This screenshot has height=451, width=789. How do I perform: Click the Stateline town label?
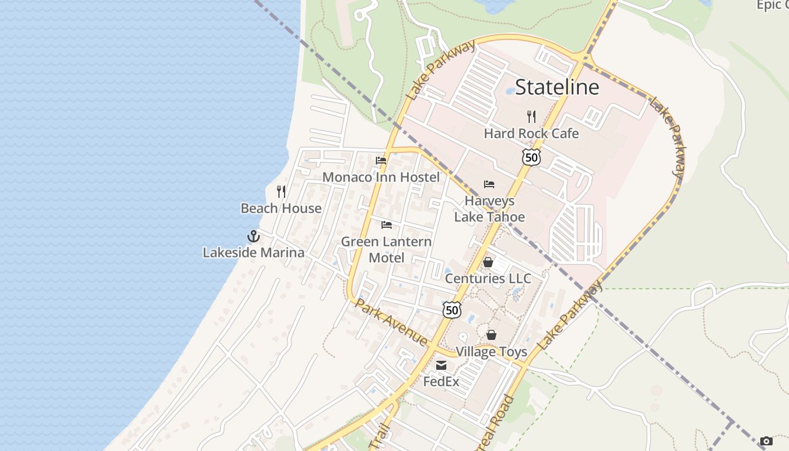pyautogui.click(x=557, y=87)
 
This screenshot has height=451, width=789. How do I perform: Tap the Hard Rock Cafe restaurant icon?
pyautogui.click(x=531, y=117)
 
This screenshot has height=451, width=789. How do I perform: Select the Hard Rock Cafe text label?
pyautogui.click(x=531, y=134)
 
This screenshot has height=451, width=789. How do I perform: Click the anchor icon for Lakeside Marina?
pyautogui.click(x=254, y=236)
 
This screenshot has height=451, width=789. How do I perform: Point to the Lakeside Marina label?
pyautogui.click(x=254, y=253)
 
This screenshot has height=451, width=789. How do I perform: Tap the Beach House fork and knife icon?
pyautogui.click(x=281, y=192)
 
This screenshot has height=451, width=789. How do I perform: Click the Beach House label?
pyautogui.click(x=281, y=208)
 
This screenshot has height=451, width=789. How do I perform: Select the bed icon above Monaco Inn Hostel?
pyautogui.click(x=381, y=161)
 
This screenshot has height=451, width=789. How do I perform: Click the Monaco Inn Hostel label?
pyautogui.click(x=381, y=177)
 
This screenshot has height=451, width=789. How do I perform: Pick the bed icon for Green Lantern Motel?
pyautogui.click(x=387, y=225)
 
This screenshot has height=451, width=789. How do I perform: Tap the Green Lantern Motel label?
pyautogui.click(x=387, y=249)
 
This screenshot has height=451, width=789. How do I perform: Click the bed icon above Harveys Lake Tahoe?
pyautogui.click(x=489, y=184)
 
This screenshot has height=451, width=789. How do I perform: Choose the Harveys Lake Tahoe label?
pyautogui.click(x=489, y=209)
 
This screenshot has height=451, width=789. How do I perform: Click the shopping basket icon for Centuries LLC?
pyautogui.click(x=488, y=262)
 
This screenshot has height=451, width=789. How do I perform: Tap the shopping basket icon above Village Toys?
pyautogui.click(x=491, y=335)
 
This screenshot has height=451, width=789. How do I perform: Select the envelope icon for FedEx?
pyautogui.click(x=441, y=365)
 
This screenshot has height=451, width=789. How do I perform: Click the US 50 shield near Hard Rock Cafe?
pyautogui.click(x=531, y=157)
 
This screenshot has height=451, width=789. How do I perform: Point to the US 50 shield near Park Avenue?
pyautogui.click(x=452, y=309)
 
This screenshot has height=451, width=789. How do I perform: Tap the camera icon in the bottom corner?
pyautogui.click(x=766, y=441)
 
